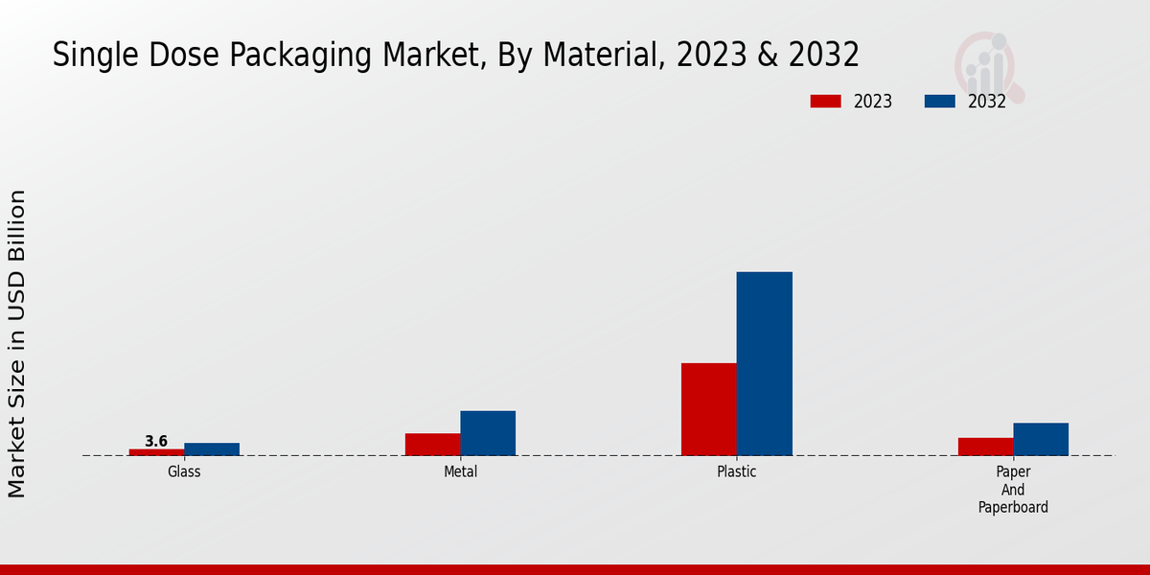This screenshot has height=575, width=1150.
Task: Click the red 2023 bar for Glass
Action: [x=156, y=452]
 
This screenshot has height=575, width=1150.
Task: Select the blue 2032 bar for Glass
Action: [x=212, y=449]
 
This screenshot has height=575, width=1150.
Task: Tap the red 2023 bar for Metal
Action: [x=432, y=445]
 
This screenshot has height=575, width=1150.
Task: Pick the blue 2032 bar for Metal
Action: [x=488, y=433]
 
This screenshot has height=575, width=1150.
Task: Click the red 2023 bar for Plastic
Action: [x=709, y=409]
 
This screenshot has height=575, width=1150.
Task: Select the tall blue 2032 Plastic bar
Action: [x=765, y=364]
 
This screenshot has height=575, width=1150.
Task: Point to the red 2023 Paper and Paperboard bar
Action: [x=985, y=447]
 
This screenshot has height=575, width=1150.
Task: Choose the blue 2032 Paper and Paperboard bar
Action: [x=1041, y=439]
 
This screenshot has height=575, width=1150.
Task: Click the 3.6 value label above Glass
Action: [x=156, y=441]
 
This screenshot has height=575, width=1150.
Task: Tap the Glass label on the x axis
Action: [x=184, y=471]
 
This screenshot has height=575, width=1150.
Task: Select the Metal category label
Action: [x=460, y=471]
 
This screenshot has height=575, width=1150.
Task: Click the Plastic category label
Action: [x=737, y=471]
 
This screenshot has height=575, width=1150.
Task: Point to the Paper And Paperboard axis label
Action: [x=1013, y=490]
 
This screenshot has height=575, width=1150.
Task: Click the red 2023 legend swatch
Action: [x=825, y=102]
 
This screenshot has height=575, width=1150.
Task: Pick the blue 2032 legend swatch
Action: [x=939, y=102]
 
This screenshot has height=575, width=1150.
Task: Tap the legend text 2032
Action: [x=987, y=102]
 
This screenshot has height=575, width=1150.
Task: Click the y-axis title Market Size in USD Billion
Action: [x=17, y=343]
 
